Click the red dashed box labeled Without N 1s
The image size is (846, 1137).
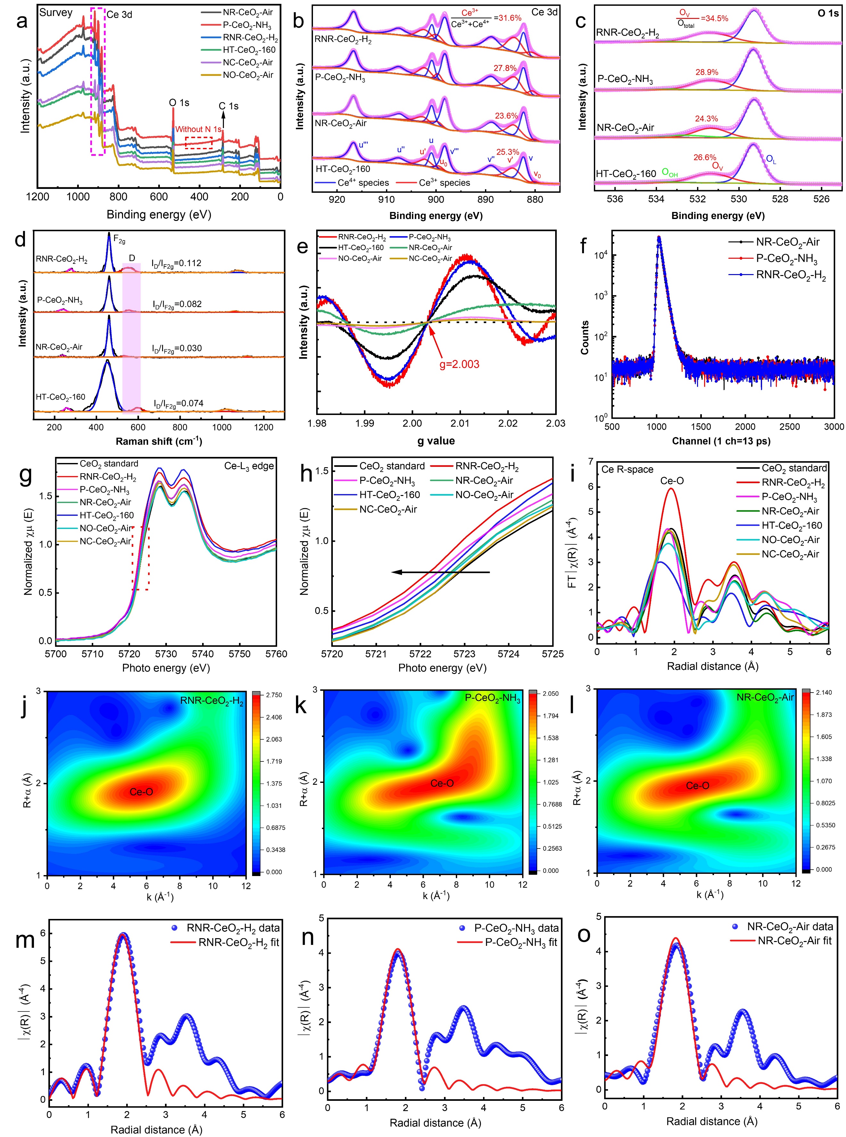(199, 143)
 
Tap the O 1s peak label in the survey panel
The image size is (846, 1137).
(179, 103)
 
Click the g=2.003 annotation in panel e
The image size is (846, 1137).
(459, 364)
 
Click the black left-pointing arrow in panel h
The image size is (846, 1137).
(440, 572)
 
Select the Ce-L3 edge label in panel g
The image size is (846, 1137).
(249, 466)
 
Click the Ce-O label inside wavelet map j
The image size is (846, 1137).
(141, 792)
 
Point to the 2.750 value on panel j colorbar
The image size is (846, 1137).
(274, 695)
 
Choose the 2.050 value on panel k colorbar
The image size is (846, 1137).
(551, 694)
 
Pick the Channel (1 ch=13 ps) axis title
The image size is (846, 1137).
(721, 441)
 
